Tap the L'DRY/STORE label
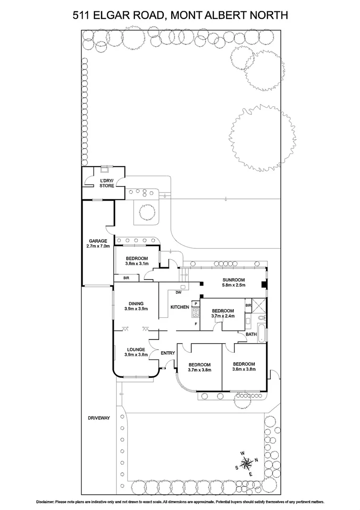click(x=107, y=184)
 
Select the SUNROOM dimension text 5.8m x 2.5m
click(x=234, y=285)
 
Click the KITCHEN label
click(x=180, y=307)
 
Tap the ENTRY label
click(x=167, y=353)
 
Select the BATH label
click(x=251, y=334)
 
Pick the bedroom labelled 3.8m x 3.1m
click(x=137, y=261)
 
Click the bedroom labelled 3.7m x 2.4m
click(x=223, y=314)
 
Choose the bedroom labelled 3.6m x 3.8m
click(x=244, y=367)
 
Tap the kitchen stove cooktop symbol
click(x=195, y=311)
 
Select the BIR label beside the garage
click(x=126, y=278)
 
